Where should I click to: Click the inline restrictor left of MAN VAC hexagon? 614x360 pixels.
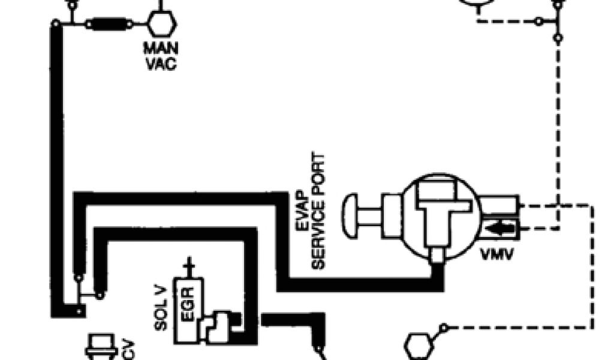pos(108,25)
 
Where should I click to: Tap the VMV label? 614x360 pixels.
pos(497,256)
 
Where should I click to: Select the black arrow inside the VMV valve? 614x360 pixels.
pos(496,228)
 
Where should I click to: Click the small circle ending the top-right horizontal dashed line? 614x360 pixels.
pos(539,22)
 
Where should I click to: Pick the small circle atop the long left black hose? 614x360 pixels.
pos(56,24)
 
